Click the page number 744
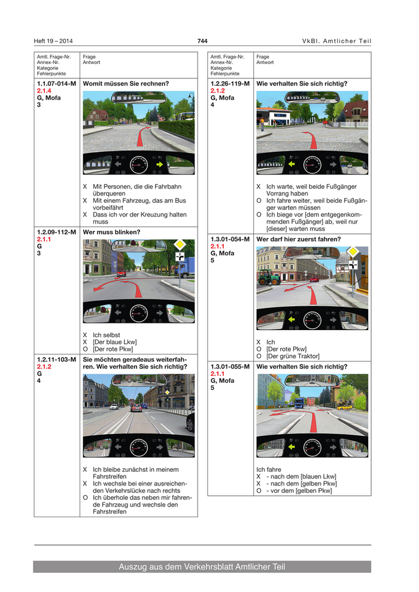click(x=202, y=41)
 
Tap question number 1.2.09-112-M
click(x=56, y=232)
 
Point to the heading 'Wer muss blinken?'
click(x=112, y=232)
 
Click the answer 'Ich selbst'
click(x=107, y=335)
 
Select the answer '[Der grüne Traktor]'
click(x=293, y=356)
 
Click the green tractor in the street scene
click(x=266, y=277)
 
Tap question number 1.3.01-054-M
click(x=230, y=239)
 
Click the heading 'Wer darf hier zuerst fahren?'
click(x=299, y=239)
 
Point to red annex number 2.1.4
click(x=44, y=91)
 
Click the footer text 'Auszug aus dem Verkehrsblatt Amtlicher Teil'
click(x=202, y=567)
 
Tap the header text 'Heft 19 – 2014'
click(x=53, y=41)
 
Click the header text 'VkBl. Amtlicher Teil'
click(x=336, y=41)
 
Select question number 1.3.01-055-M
click(x=230, y=367)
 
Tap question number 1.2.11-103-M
click(x=56, y=359)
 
